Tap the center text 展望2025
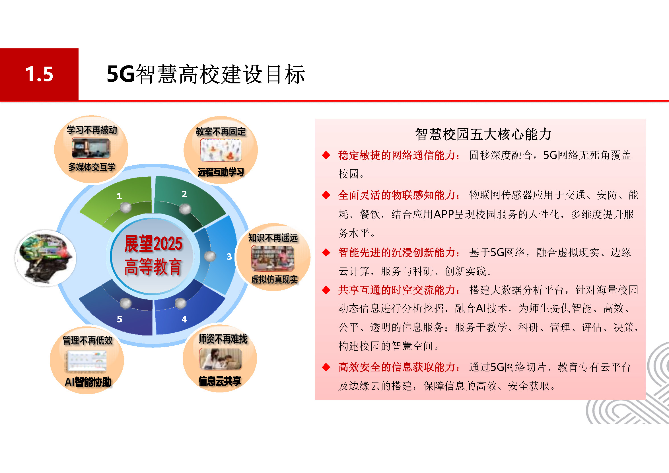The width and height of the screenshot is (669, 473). click(x=153, y=244)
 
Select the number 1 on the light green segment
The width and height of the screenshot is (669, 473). click(x=119, y=196)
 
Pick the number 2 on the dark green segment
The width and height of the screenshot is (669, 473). click(x=184, y=194)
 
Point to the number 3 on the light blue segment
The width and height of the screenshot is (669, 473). click(x=229, y=257)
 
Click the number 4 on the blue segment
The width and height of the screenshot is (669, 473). click(x=184, y=319)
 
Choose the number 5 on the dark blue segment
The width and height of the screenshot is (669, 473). click(x=120, y=319)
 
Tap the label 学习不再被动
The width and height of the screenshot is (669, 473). click(x=92, y=130)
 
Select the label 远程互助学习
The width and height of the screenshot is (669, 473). click(x=221, y=172)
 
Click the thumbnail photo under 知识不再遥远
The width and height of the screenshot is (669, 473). click(x=273, y=258)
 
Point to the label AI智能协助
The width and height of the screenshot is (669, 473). click(x=88, y=382)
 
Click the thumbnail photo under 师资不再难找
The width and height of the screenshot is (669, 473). click(x=221, y=359)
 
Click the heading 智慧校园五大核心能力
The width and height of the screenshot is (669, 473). click(x=483, y=134)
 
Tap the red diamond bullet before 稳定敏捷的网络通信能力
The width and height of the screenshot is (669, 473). click(x=326, y=155)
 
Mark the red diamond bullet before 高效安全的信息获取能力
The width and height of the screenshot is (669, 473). click(x=326, y=367)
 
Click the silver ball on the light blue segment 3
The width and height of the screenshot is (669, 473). click(x=210, y=256)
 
